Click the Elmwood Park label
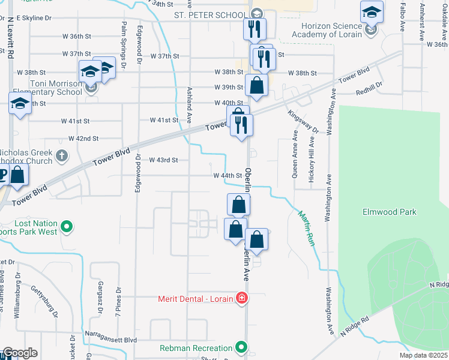coord(390,212)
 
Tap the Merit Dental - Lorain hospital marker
coord(241,298)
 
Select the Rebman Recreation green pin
coord(241,348)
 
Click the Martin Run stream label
coord(306,226)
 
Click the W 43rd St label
coord(163,160)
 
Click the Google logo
coord(20,353)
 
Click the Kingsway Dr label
coord(303,121)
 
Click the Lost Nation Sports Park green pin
coord(67,227)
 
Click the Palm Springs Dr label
coord(124,36)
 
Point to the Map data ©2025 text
coord(423,355)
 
